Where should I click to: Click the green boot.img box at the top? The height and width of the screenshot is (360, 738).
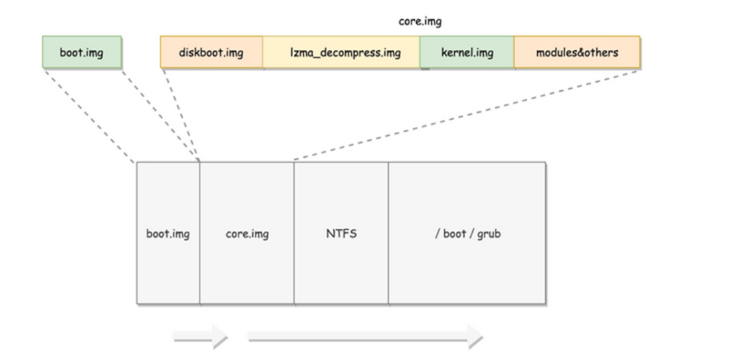click(x=81, y=53)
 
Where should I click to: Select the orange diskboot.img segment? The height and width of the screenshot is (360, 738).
click(x=211, y=53)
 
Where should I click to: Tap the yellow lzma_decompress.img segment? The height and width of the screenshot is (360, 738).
click(x=341, y=53)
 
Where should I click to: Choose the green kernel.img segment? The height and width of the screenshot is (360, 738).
click(x=467, y=53)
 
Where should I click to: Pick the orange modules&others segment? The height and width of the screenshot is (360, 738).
click(x=577, y=53)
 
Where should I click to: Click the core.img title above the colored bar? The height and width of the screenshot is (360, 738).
click(x=420, y=21)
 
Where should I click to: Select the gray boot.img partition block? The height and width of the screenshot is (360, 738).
click(x=168, y=234)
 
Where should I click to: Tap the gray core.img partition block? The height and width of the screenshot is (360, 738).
click(x=247, y=234)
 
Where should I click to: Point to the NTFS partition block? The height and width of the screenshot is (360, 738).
click(x=341, y=234)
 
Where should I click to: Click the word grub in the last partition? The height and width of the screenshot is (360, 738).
click(x=488, y=234)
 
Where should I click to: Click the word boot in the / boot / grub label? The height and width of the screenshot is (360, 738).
click(x=454, y=234)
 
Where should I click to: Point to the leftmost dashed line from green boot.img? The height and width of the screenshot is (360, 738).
click(x=89, y=116)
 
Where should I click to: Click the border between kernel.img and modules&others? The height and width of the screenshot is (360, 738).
click(x=514, y=53)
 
